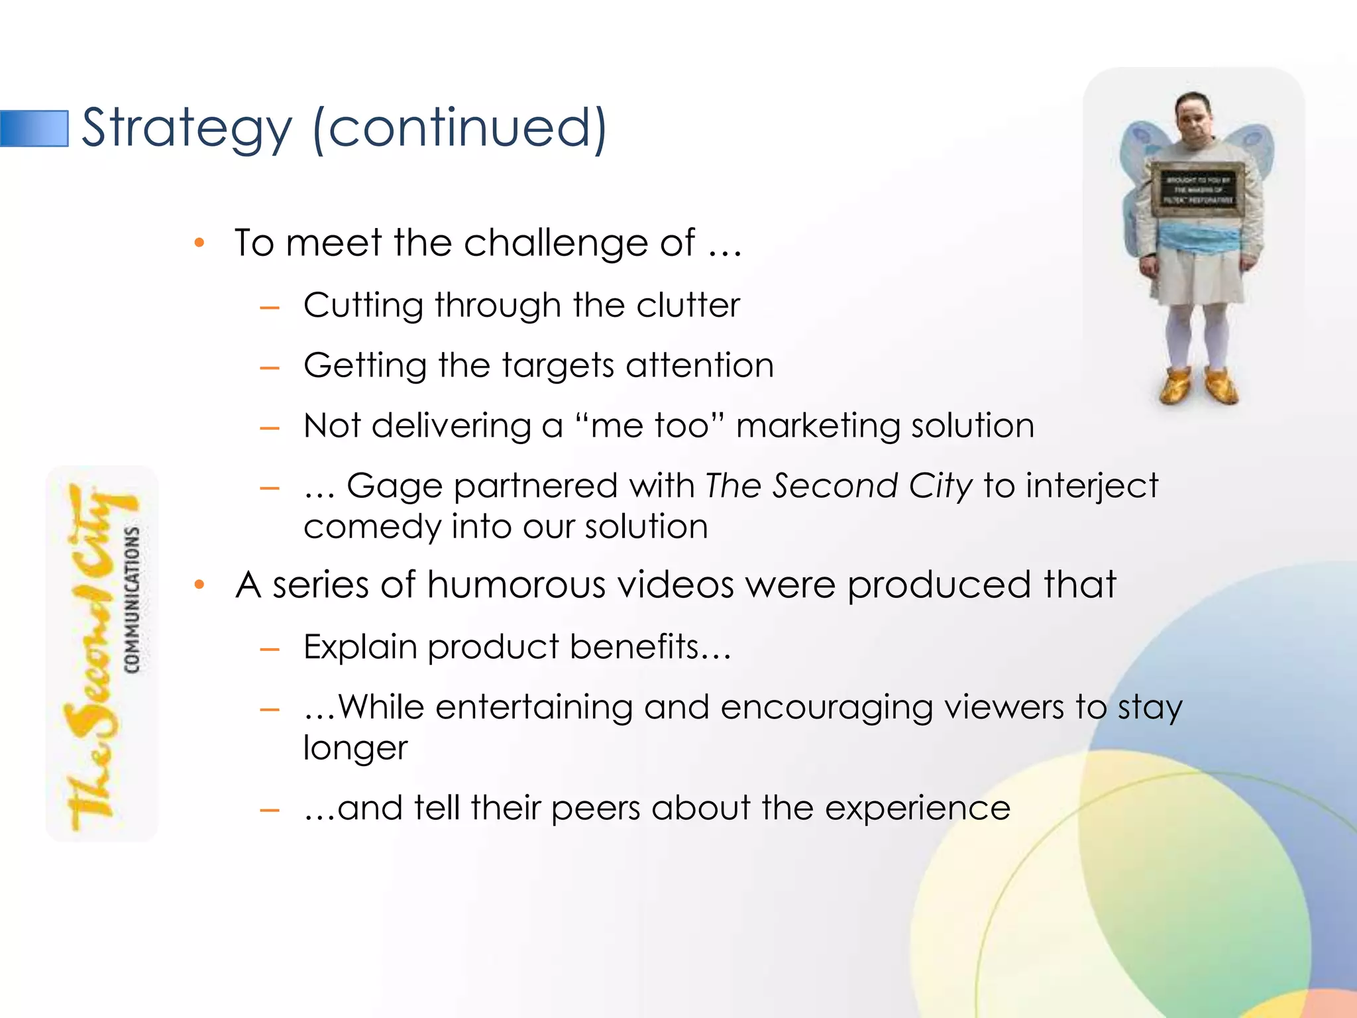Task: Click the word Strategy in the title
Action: [186, 129]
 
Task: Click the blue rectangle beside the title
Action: [34, 129]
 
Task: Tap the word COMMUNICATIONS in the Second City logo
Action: [133, 600]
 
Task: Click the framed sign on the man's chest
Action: [1198, 190]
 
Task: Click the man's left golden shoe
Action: [1221, 388]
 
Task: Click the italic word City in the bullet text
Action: [940, 486]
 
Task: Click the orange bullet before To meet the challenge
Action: [199, 243]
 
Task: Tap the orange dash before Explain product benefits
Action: [270, 650]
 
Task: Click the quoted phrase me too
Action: [650, 425]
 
